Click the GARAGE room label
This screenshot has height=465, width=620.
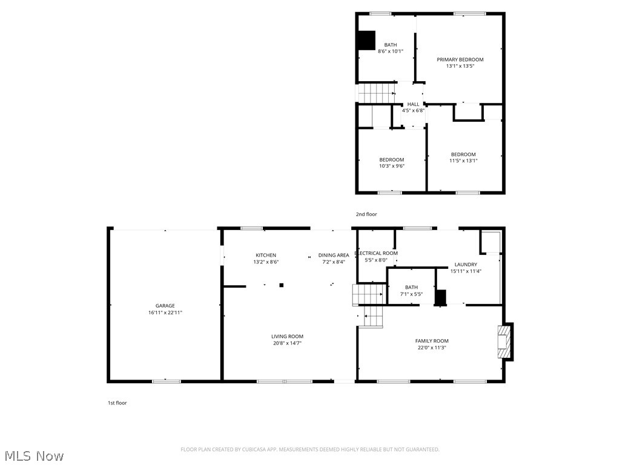pyautogui.click(x=165, y=306)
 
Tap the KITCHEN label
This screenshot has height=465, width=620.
pyautogui.click(x=266, y=255)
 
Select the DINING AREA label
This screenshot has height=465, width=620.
pyautogui.click(x=334, y=255)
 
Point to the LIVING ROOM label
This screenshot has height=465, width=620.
pyautogui.click(x=287, y=336)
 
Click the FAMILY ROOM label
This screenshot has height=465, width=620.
pyautogui.click(x=432, y=341)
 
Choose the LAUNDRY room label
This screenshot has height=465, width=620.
pyautogui.click(x=466, y=265)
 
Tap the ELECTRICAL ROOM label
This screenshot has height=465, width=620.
pyautogui.click(x=376, y=253)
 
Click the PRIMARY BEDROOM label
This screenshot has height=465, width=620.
pyautogui.click(x=460, y=59)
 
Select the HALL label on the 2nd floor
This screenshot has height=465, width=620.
pyautogui.click(x=413, y=104)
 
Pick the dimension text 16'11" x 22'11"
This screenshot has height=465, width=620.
pyautogui.click(x=165, y=313)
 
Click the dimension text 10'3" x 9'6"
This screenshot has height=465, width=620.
pyautogui.click(x=392, y=166)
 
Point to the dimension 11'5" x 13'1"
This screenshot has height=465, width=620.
pyautogui.click(x=463, y=160)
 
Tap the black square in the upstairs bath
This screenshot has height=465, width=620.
pyautogui.click(x=366, y=40)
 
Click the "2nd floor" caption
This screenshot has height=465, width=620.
pyautogui.click(x=366, y=214)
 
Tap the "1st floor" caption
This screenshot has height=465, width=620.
pyautogui.click(x=117, y=403)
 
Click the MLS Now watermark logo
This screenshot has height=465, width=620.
pyautogui.click(x=33, y=455)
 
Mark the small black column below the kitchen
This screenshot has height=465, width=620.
pyautogui.click(x=281, y=285)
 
